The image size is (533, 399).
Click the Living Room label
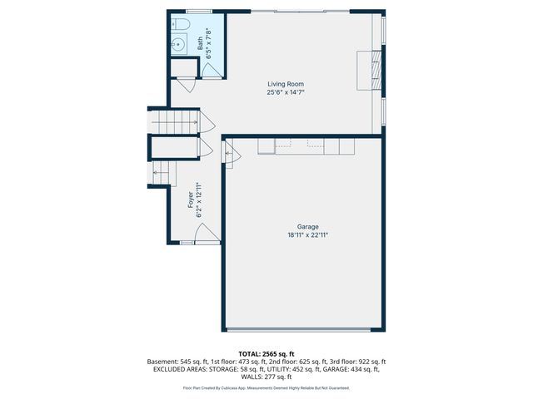click(x=285, y=84)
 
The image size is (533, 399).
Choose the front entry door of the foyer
click(x=207, y=238)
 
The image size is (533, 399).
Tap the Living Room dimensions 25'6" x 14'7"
click(x=285, y=92)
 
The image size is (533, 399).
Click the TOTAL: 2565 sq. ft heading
click(x=266, y=354)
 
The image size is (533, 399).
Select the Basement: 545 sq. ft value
click(x=177, y=362)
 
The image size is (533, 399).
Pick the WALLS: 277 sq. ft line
click(x=266, y=377)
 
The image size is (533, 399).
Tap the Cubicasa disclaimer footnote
click(x=266, y=388)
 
